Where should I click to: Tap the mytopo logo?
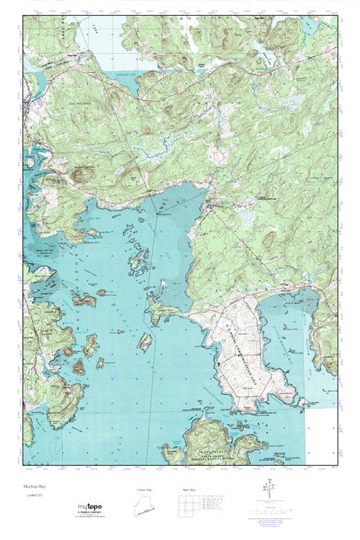click(91, 507)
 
